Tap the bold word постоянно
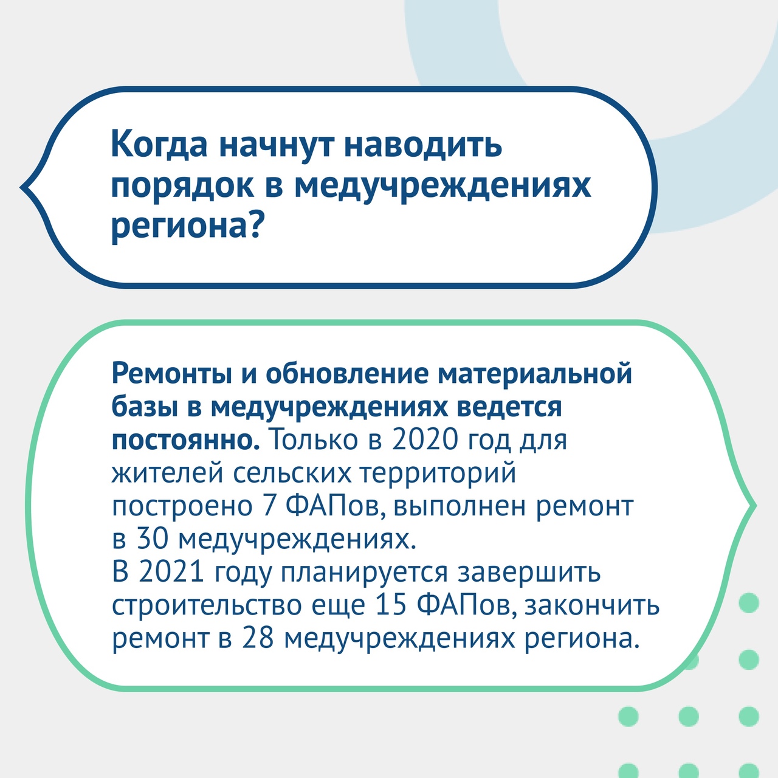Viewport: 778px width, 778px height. point(185,441)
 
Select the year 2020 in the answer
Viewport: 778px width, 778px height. point(425,439)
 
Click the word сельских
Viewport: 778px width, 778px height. point(292,473)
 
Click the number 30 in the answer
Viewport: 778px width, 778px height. point(153,539)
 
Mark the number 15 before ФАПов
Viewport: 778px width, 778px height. point(390,605)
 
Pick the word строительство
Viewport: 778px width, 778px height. point(207,605)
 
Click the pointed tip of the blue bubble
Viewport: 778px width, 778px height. point(21,187)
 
